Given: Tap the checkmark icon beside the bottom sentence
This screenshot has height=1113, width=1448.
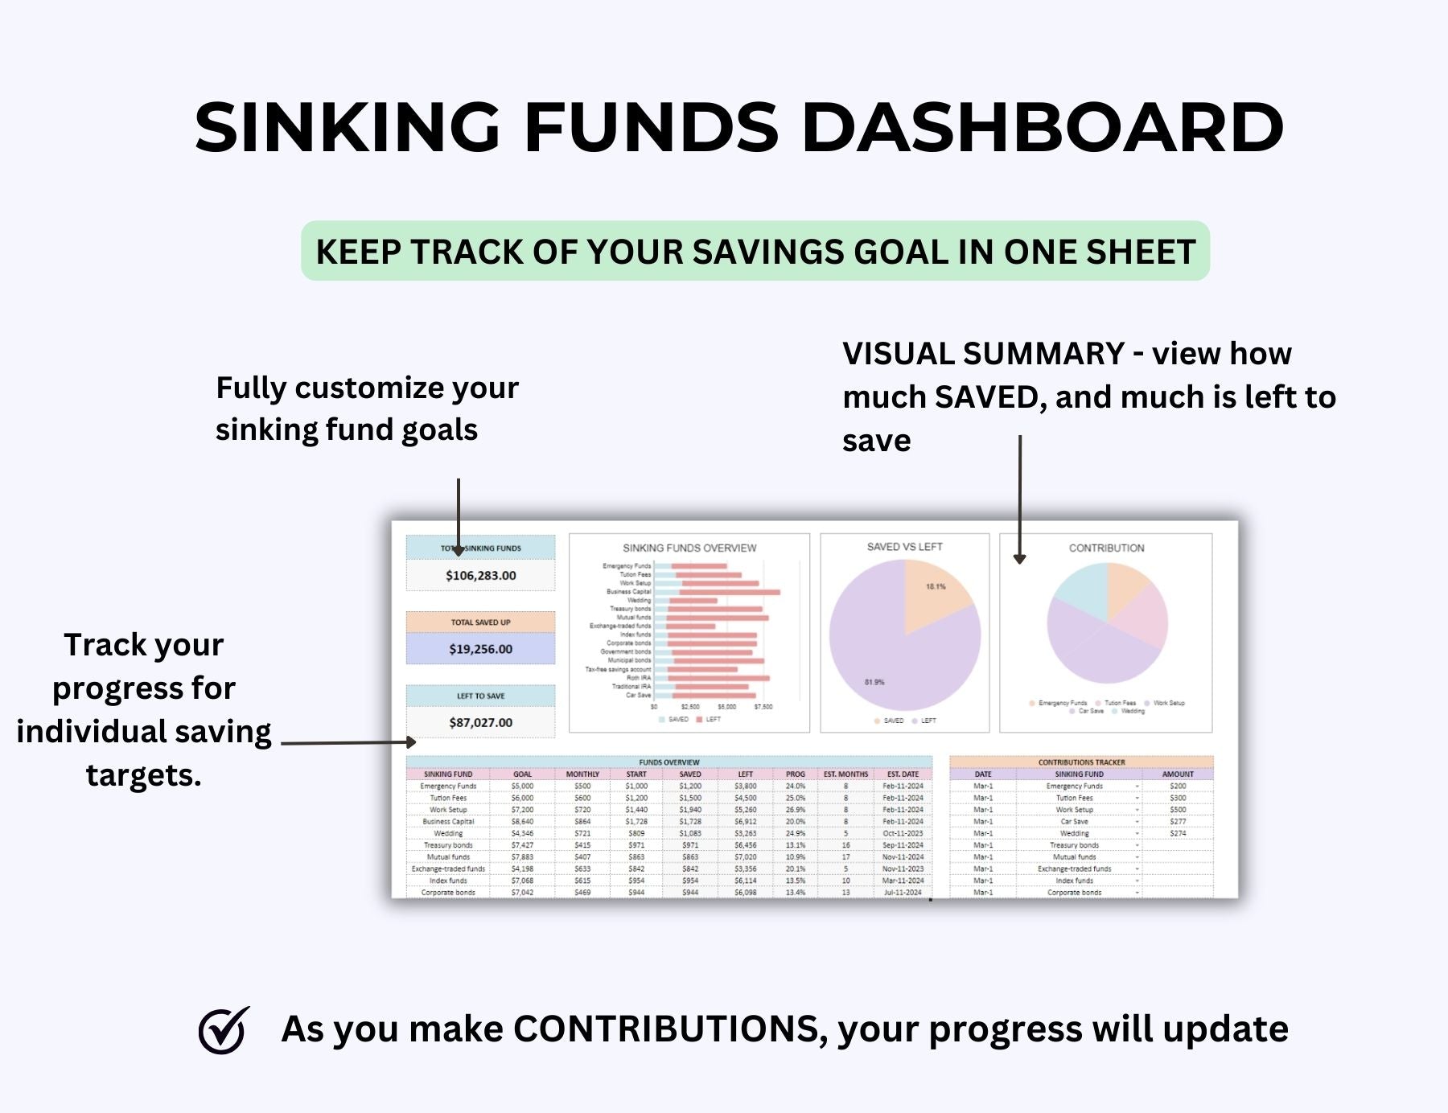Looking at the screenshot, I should click(x=223, y=1030).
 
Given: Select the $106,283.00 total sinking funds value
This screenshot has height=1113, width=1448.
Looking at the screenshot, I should click(x=480, y=576).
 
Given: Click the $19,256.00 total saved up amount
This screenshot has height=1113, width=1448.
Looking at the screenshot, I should click(x=480, y=649).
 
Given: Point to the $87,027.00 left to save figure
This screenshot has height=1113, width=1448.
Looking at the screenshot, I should click(x=480, y=722).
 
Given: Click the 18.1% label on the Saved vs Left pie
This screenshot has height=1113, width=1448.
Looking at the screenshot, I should click(x=936, y=586).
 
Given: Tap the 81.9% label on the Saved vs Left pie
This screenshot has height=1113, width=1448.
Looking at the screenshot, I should click(x=874, y=682).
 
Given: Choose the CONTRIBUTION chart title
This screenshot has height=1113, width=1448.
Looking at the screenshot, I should click(x=1106, y=548).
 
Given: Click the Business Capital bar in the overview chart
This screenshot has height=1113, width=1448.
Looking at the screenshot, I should click(x=728, y=592).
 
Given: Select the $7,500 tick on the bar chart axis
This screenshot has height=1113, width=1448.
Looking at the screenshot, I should click(x=763, y=707).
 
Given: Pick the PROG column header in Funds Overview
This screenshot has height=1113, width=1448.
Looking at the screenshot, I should click(x=795, y=774).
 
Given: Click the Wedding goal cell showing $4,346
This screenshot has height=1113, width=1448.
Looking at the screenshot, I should click(x=522, y=833).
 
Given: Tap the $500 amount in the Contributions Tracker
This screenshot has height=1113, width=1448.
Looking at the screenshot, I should click(x=1178, y=810).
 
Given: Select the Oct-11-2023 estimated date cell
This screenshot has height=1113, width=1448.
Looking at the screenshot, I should click(x=903, y=833).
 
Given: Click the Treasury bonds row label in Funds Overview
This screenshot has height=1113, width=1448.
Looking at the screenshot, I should click(x=448, y=845).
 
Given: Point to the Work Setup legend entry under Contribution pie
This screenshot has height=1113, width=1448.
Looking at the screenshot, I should click(x=1168, y=703).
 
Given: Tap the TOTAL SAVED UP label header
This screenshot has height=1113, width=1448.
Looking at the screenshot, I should click(x=480, y=622).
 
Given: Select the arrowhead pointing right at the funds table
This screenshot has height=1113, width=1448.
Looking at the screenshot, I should click(x=411, y=742).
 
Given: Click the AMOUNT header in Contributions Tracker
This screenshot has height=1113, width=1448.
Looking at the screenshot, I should click(x=1178, y=774).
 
